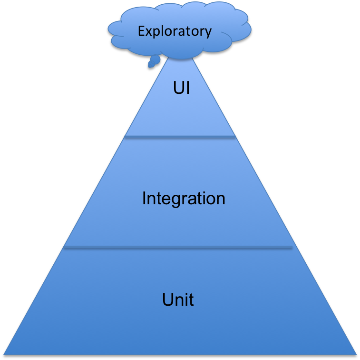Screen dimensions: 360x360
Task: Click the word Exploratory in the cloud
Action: [x=175, y=31]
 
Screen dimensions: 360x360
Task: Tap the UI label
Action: [x=182, y=88]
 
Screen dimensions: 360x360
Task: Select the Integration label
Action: [x=184, y=198]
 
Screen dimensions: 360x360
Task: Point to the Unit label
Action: [x=178, y=300]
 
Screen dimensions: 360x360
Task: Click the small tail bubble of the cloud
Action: [x=154, y=61]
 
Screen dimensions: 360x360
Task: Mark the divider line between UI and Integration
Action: [x=180, y=138]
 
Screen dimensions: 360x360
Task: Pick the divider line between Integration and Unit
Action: [x=178, y=248]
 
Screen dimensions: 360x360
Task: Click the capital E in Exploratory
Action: [x=141, y=31]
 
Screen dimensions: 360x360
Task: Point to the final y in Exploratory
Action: [x=208, y=33]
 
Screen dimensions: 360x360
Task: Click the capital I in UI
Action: [x=188, y=88]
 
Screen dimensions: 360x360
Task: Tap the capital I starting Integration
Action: [x=144, y=198]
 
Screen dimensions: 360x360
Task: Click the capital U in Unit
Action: [x=167, y=300]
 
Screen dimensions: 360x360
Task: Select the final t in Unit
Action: [x=191, y=300]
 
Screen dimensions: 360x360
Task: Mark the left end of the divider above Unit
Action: [x=66, y=248]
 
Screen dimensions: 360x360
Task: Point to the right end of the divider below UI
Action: [x=234, y=138]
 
